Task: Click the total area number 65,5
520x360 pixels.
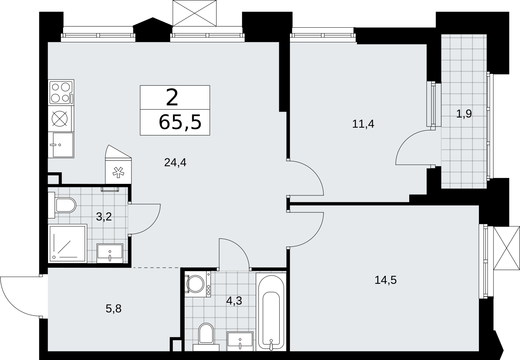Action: pyautogui.click(x=180, y=123)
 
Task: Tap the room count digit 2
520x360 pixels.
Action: pyautogui.click(x=172, y=98)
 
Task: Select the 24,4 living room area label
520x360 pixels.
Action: pyautogui.click(x=175, y=162)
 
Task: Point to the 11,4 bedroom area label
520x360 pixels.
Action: pyautogui.click(x=363, y=124)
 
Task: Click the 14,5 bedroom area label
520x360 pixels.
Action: pyautogui.click(x=386, y=280)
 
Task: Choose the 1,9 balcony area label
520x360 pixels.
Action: pyautogui.click(x=464, y=114)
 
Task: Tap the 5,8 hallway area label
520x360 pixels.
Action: pyautogui.click(x=113, y=309)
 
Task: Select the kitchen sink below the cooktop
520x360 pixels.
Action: pyautogui.click(x=61, y=145)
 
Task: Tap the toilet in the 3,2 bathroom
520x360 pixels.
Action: pyautogui.click(x=62, y=205)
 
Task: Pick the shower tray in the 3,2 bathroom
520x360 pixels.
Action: pyautogui.click(x=68, y=243)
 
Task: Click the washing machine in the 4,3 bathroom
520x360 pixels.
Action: pyautogui.click(x=198, y=284)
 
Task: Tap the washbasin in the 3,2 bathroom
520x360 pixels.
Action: pyautogui.click(x=110, y=253)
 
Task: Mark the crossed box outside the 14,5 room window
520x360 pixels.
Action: pyautogui.click(x=506, y=248)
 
